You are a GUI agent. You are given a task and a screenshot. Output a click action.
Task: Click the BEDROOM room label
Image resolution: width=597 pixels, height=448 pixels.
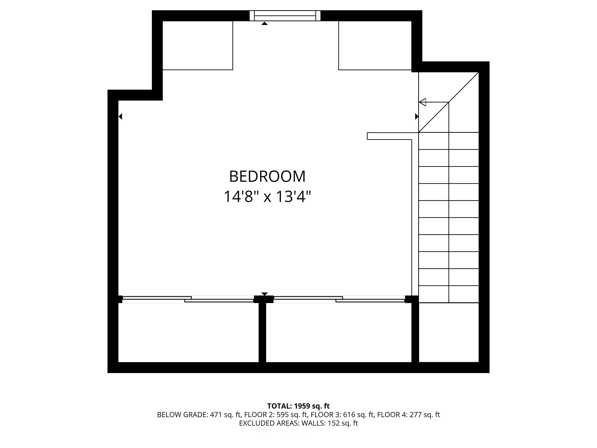pos(267,177)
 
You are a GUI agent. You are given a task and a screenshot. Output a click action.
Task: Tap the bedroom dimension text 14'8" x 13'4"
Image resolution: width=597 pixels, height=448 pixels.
pos(267,197)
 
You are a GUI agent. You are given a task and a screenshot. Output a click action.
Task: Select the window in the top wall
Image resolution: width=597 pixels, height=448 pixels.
pos(285,16)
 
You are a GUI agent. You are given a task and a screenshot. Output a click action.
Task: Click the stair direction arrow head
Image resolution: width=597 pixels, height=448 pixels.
pos(422,102)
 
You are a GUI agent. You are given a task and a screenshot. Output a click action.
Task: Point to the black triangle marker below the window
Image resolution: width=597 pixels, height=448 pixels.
pos(264,24)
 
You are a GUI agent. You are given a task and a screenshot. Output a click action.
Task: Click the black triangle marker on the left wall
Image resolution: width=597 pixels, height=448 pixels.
pos(120,116)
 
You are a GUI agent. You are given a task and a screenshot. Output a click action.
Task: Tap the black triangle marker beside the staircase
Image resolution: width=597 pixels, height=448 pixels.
pos(417,116)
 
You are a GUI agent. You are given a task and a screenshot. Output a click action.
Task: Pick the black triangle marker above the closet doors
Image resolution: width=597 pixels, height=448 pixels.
pos(264,294)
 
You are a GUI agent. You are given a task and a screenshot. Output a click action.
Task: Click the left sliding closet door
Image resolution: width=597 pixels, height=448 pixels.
pos(188,299)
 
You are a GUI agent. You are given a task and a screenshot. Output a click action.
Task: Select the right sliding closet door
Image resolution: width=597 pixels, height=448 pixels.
pos(339,299)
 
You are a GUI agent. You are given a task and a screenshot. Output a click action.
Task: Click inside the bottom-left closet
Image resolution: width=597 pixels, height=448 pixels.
pos(188,332)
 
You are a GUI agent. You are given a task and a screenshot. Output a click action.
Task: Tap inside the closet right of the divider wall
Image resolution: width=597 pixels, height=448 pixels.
pos(339,332)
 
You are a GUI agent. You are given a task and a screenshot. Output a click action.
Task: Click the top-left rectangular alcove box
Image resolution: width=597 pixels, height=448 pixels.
pos(198,45)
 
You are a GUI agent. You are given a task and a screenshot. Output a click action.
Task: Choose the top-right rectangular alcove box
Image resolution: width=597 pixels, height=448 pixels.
pos(375,45)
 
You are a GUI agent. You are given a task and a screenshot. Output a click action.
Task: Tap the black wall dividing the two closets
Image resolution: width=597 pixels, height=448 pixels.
pos(262,332)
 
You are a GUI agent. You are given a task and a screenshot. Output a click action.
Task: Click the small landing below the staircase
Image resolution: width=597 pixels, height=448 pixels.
pos(449,332)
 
